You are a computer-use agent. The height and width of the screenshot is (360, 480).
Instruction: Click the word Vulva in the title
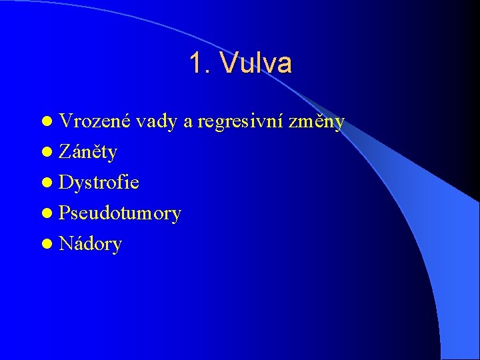(257, 64)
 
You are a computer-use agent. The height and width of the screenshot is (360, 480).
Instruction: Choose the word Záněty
(88, 153)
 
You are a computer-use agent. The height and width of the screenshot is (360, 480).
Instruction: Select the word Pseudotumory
(120, 214)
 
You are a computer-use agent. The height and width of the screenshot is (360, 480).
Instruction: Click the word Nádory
(90, 244)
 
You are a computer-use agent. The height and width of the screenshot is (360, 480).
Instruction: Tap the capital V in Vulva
(230, 64)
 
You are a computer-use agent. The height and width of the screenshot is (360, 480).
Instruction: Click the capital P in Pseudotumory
(64, 213)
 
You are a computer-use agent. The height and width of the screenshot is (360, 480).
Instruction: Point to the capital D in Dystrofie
(65, 183)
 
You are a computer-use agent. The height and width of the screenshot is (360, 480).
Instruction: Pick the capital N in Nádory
(65, 244)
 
